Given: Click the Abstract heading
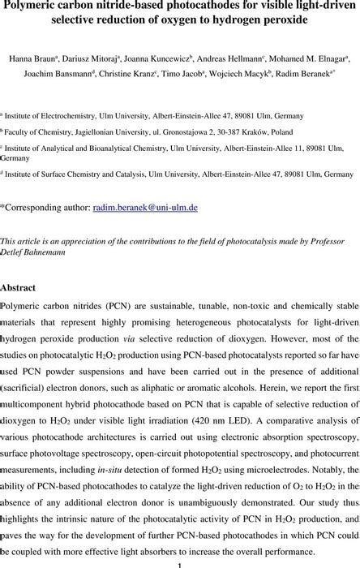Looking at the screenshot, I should [24, 287].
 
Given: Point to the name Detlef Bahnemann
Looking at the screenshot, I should [33, 254].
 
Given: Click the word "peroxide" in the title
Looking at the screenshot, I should [284, 20].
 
